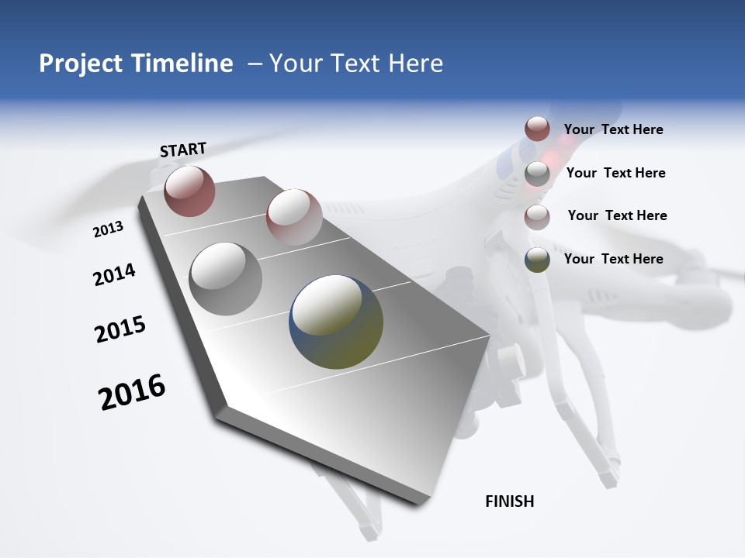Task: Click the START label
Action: tap(183, 149)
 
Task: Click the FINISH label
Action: tap(509, 501)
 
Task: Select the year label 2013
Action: tap(108, 229)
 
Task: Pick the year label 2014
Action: tap(114, 274)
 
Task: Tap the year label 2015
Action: tap(120, 329)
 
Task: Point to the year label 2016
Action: tap(132, 392)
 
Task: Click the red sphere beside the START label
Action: tap(189, 191)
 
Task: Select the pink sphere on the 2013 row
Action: tap(294, 216)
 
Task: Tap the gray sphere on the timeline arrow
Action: tap(226, 278)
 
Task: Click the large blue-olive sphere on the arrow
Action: tap(336, 321)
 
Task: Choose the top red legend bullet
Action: tap(537, 129)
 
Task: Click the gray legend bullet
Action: tap(537, 173)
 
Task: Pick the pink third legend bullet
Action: tap(537, 216)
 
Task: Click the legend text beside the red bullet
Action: tap(613, 129)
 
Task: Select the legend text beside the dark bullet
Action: tap(613, 259)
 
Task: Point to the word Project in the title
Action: tap(80, 64)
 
